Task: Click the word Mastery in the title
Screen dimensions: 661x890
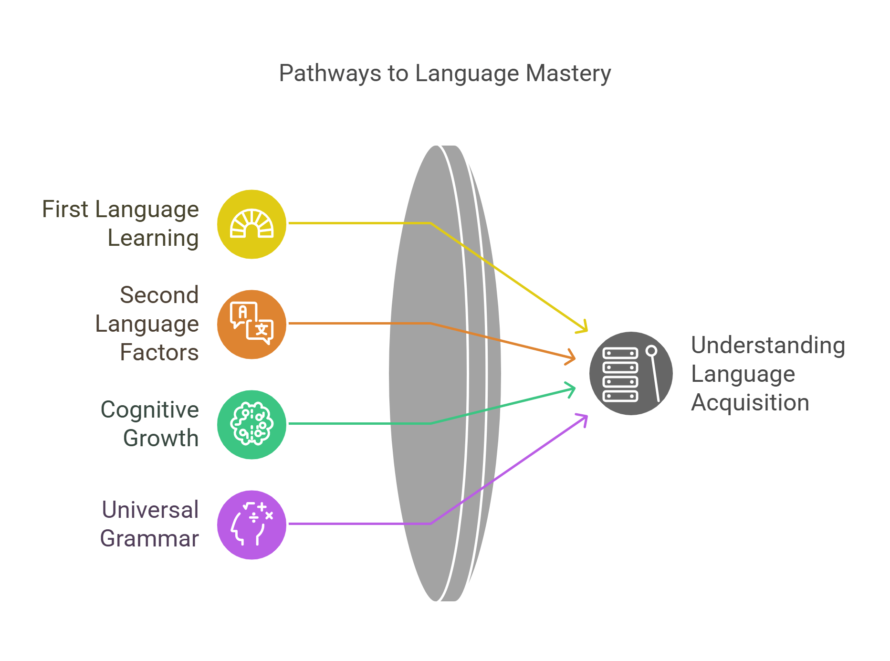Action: tap(568, 73)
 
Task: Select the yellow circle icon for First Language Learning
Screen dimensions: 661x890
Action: tap(251, 224)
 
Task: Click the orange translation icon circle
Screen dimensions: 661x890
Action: tap(251, 325)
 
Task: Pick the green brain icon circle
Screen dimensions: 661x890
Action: tap(251, 425)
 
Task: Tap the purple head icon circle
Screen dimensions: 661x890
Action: tap(251, 525)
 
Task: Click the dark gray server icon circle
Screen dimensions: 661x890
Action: tap(631, 373)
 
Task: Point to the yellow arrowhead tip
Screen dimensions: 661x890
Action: tap(587, 331)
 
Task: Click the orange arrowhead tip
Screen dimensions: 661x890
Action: tap(575, 358)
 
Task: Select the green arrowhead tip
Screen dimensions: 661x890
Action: tap(575, 388)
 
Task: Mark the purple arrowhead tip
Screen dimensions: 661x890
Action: tap(587, 416)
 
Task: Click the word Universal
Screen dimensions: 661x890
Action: tap(150, 510)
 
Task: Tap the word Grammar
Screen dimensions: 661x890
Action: tap(149, 538)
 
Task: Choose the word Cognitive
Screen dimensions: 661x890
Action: tap(150, 409)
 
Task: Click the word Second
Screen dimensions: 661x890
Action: tap(159, 295)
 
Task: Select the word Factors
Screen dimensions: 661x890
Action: tap(159, 352)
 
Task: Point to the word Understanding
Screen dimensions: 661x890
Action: tap(768, 345)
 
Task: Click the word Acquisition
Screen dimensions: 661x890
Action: tap(750, 402)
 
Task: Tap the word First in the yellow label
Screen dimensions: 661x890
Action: tap(65, 209)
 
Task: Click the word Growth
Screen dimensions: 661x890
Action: tap(161, 438)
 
